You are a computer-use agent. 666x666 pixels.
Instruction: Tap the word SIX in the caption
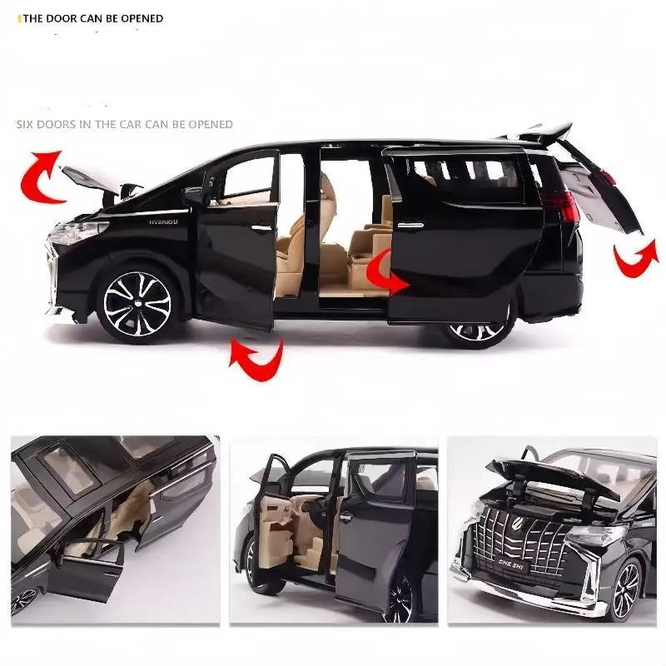pyautogui.click(x=27, y=124)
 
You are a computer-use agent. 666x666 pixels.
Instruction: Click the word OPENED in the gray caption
pyautogui.click(x=211, y=124)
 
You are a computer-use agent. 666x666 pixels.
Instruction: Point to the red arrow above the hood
pyautogui.click(x=44, y=175)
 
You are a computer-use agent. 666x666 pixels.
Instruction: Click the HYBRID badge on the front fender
pyautogui.click(x=164, y=221)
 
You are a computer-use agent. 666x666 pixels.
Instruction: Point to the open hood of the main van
pyautogui.click(x=89, y=178)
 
